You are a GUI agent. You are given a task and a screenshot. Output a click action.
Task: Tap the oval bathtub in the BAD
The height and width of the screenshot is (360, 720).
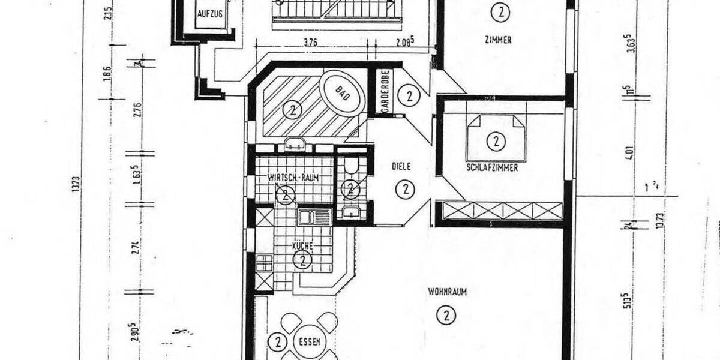[342, 94]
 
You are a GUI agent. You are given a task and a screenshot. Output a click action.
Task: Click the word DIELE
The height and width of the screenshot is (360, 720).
[401, 166]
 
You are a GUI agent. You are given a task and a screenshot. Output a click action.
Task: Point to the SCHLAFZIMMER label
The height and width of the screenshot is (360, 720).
[492, 168]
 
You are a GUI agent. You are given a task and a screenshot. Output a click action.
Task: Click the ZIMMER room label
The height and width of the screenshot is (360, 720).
[499, 40]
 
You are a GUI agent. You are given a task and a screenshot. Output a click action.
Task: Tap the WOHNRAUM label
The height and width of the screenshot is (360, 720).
[448, 292]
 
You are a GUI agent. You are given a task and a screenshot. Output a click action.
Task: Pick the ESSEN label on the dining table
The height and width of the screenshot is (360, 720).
[310, 342]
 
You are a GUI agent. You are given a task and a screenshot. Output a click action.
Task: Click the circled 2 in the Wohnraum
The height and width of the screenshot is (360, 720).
[445, 315]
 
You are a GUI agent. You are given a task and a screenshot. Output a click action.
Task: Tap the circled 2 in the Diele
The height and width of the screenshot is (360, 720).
[406, 190]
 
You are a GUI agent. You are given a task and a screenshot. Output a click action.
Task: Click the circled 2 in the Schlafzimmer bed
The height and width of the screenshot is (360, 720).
[496, 142]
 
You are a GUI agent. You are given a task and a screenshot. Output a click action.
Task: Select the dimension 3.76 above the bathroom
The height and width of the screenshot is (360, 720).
[311, 43]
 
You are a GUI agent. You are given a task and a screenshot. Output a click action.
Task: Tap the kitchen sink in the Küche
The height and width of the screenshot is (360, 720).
[314, 217]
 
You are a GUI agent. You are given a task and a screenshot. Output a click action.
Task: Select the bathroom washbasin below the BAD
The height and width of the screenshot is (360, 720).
[295, 144]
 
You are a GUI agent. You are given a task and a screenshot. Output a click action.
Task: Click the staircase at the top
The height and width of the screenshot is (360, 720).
[337, 12]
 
